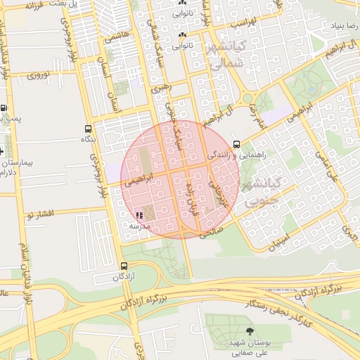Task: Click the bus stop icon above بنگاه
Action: (88, 129)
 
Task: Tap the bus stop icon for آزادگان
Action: (124, 266)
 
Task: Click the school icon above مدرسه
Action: (139, 215)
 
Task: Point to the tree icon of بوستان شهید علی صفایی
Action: (250, 331)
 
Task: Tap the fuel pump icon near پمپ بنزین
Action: (4, 108)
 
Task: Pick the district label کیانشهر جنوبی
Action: (260, 192)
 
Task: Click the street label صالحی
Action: (210, 230)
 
